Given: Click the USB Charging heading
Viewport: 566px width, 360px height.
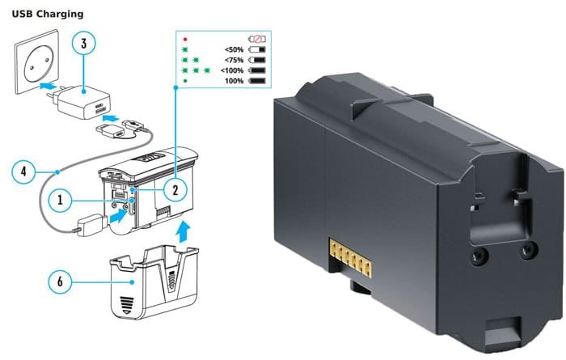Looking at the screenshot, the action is pos(48,14).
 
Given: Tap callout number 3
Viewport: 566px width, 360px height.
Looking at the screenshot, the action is pos(84,44).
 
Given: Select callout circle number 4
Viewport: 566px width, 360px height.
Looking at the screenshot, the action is pos(23,171).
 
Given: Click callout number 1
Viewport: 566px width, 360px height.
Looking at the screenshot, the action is pos(61,199).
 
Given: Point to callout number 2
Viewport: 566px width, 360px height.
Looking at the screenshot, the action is pos(175,189).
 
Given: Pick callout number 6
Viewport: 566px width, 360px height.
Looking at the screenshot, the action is pos(61,282).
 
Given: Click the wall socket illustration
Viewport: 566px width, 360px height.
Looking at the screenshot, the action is pos(36,61).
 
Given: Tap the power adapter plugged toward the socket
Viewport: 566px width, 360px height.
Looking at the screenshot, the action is pos(82,101).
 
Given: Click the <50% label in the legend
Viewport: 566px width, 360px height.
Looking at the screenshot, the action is pos(234,50).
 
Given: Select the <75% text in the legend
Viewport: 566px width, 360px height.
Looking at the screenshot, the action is pos(234,60).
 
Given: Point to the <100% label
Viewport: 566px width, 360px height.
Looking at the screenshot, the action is pos(232,70).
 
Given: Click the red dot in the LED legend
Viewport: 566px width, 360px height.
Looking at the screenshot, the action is pos(185,39).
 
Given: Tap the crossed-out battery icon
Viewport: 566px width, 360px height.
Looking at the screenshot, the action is pos(257,39).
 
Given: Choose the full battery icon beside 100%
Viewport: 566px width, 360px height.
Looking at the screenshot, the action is pos(257,81).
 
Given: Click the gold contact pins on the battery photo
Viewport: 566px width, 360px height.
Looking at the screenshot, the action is pos(350,257).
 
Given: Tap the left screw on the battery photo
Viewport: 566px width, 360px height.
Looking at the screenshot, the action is pos(479,256).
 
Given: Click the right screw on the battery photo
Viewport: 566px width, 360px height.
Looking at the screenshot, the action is pos(528,249).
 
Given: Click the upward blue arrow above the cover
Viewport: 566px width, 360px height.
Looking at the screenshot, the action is pos(183,233).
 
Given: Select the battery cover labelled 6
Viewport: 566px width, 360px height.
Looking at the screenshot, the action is pos(154,282).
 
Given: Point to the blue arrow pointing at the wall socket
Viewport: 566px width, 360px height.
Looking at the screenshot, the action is pos(47,87).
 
